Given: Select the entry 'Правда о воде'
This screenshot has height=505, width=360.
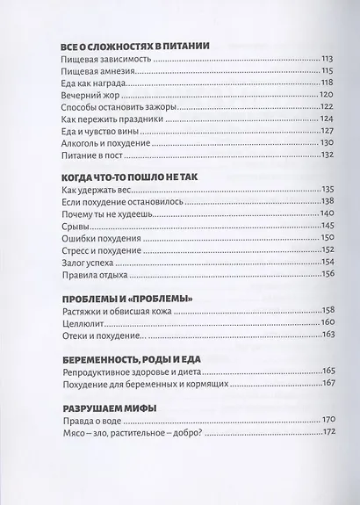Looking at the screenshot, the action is (86, 504).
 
